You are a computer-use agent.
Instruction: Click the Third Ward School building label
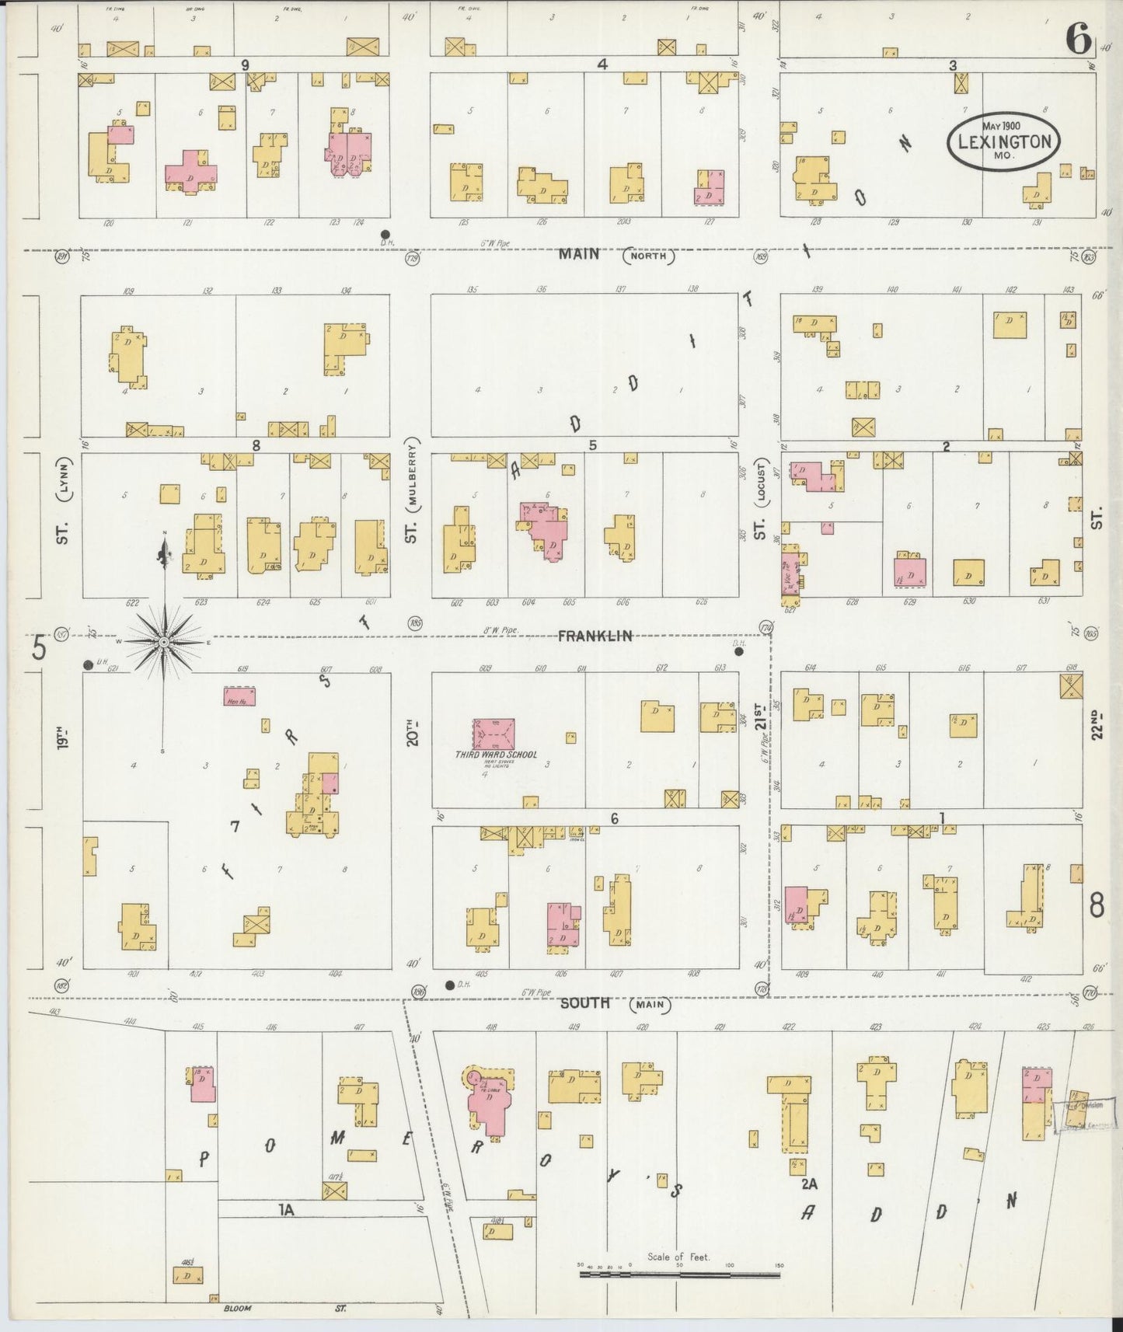pos(496,755)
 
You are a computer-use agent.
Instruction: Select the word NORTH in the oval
pos(648,256)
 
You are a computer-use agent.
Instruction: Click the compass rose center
pos(164,643)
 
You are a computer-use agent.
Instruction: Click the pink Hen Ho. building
pos(239,696)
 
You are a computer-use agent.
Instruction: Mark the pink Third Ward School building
pos(493,733)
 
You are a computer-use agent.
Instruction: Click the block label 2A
pos(809,1184)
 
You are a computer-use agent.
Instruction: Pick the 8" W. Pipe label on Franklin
pos(498,630)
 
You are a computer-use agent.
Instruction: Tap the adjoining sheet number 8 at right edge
pos(1097,906)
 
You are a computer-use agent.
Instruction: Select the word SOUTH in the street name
pos(585,1003)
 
